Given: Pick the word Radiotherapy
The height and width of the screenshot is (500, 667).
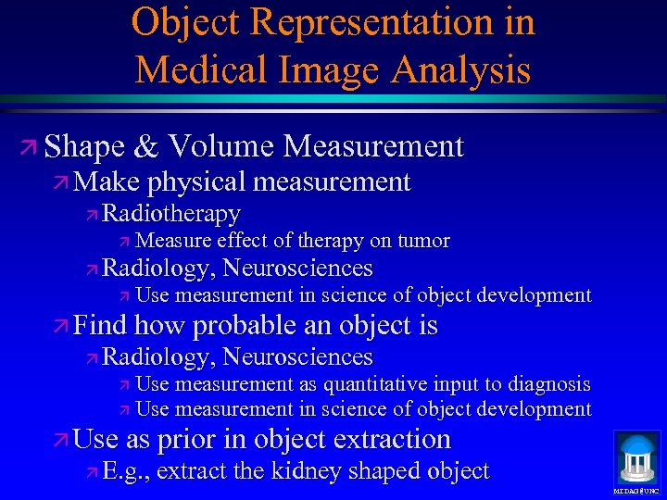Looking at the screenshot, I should click(171, 214).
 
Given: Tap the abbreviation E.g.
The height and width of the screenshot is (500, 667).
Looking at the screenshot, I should click(127, 471).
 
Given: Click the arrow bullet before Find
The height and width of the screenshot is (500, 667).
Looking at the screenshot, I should click(60, 327).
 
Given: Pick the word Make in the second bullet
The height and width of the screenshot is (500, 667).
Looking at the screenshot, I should click(103, 182).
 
